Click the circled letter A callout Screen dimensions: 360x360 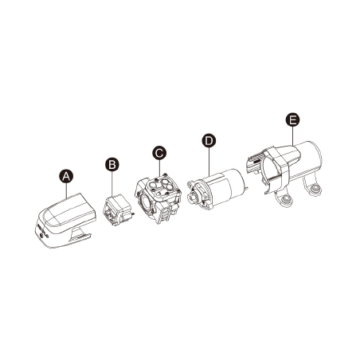point(66,176)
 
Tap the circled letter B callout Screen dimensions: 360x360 point(112,164)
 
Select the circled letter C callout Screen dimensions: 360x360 point(159,153)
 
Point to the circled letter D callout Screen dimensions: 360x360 point(209,140)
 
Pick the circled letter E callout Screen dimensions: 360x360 point(292,119)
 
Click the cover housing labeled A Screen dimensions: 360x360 point(65,221)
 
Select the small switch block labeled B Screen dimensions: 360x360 point(117,210)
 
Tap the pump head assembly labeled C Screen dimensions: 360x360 point(158,198)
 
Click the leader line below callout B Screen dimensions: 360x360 point(112,184)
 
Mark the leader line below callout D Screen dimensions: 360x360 point(209,162)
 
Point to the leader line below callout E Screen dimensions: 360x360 point(292,136)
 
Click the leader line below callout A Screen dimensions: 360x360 point(66,190)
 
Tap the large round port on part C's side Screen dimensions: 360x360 point(146,202)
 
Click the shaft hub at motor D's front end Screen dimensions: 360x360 point(193,197)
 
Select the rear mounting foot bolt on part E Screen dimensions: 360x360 point(315,188)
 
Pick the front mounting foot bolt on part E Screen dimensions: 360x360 point(286,198)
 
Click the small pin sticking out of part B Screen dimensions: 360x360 point(132,213)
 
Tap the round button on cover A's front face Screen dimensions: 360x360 point(41,234)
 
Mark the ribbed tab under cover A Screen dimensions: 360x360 point(80,236)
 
